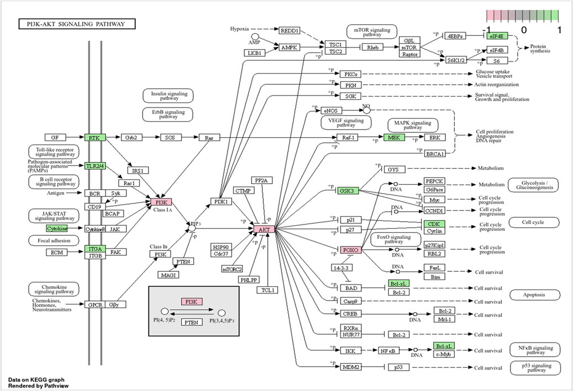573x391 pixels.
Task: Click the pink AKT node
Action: [264, 229]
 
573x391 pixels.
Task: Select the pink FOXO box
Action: [351, 250]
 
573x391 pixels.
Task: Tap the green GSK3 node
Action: [347, 191]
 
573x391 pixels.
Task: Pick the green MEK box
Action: [394, 137]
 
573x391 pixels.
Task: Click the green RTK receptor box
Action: [95, 138]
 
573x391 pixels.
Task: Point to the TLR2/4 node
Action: [95, 166]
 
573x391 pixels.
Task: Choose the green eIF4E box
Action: [497, 36]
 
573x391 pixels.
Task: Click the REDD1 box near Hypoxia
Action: [289, 31]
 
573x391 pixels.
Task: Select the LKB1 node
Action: [254, 53]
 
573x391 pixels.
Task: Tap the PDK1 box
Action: [221, 201]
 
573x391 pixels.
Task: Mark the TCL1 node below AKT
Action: [268, 290]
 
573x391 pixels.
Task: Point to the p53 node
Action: [399, 367]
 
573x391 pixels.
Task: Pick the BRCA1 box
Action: [435, 154]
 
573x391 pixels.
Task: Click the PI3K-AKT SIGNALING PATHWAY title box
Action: [77, 24]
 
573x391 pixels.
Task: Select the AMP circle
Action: [254, 36]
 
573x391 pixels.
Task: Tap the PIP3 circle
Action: [192, 228]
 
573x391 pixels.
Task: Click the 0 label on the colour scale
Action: [524, 30]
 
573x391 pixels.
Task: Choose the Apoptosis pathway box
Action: [534, 294]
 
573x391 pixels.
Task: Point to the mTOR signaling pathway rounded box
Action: [372, 32]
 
